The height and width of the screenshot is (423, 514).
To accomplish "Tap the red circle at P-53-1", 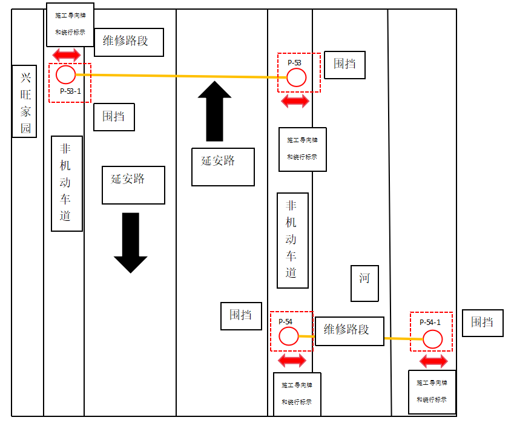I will click(x=66, y=75).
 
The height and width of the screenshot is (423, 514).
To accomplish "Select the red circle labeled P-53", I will click(x=296, y=77).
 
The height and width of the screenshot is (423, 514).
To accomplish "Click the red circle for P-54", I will click(x=289, y=336).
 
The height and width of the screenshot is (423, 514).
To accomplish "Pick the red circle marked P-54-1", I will click(x=432, y=339).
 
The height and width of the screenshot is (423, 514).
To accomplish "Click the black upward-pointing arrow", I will click(x=214, y=111).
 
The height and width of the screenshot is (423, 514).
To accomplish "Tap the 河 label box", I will click(x=364, y=284).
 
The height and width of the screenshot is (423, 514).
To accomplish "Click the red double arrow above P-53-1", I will click(x=67, y=55).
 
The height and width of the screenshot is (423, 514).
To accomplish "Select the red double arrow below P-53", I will click(x=295, y=101).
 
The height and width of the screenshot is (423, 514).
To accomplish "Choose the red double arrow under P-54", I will click(x=292, y=361).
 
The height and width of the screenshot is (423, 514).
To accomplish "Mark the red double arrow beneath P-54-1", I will click(x=433, y=361).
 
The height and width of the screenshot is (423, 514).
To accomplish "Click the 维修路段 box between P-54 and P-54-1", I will click(x=349, y=331).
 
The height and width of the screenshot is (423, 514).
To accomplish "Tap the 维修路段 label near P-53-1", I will click(x=129, y=42).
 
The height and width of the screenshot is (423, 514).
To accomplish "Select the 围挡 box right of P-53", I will click(x=344, y=65).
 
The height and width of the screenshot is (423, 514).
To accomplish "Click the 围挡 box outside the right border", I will click(x=482, y=323).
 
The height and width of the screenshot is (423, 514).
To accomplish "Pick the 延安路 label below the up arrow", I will click(x=223, y=166).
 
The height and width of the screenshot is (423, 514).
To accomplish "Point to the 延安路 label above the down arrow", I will click(x=133, y=185).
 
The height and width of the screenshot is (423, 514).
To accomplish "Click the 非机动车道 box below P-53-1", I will click(x=67, y=183).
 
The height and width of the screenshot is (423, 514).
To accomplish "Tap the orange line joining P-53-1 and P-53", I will click(x=182, y=76).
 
